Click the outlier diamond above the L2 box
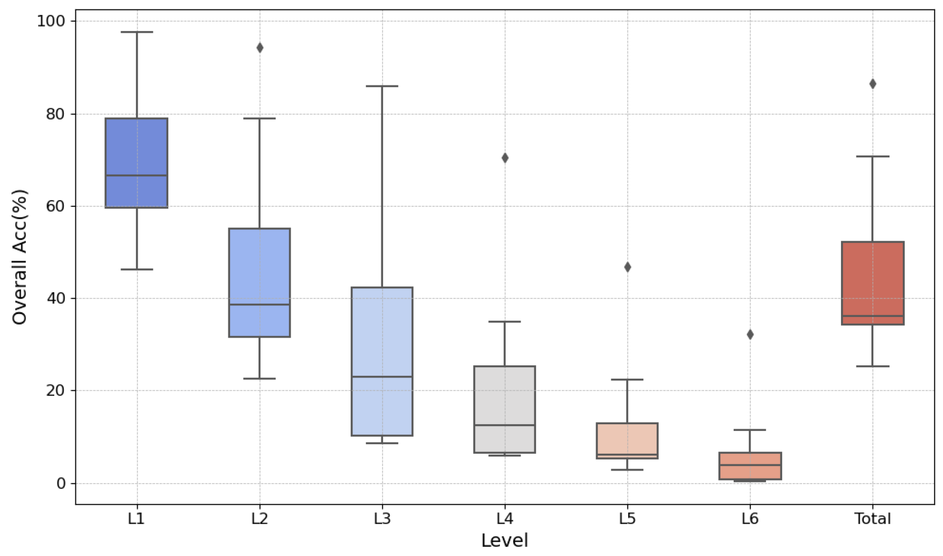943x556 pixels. pos(260,48)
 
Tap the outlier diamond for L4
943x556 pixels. pos(505,158)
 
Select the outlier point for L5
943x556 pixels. pos(628,267)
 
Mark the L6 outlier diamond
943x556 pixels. pos(750,334)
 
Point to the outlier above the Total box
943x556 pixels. pos(873,84)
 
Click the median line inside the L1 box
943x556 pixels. pos(137,175)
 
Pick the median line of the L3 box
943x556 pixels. pos(382,377)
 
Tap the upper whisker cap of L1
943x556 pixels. pos(137,32)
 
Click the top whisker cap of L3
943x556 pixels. pos(382,86)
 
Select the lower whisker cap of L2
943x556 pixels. pos(260,378)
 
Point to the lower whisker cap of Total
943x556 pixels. pos(873,366)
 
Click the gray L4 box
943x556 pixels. pos(505,398)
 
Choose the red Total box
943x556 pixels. pos(873,278)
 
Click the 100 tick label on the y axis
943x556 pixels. pos(51,21)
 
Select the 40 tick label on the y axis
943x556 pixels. pos(56,298)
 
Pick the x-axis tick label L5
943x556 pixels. pos(628,519)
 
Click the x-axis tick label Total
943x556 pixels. pos(873,519)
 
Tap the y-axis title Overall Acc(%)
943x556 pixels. pos(19,257)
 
